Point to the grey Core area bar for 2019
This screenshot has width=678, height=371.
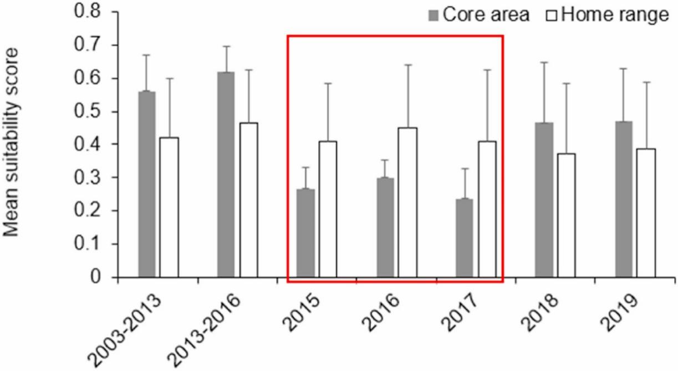(x=624, y=199)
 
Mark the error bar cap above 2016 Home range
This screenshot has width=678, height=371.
(x=407, y=65)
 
